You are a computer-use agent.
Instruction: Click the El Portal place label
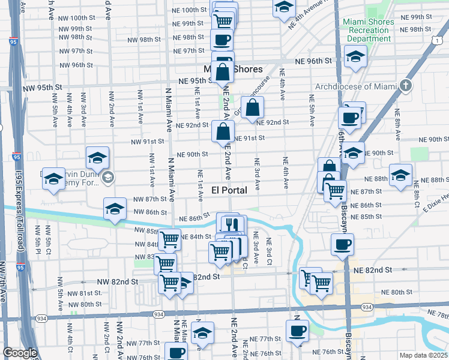pyautogui.click(x=230, y=190)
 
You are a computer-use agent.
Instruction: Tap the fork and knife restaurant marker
pyautogui.click(x=230, y=224)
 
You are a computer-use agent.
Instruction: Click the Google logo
pyautogui.click(x=20, y=352)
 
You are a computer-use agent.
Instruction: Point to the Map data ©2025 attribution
pyautogui.click(x=424, y=355)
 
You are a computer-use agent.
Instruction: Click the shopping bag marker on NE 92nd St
pyautogui.click(x=253, y=108)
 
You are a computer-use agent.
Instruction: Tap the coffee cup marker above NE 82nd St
pyautogui.click(x=343, y=244)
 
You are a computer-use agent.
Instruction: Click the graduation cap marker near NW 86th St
pyautogui.click(x=114, y=209)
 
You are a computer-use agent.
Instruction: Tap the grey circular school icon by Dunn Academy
pyautogui.click(x=107, y=176)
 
